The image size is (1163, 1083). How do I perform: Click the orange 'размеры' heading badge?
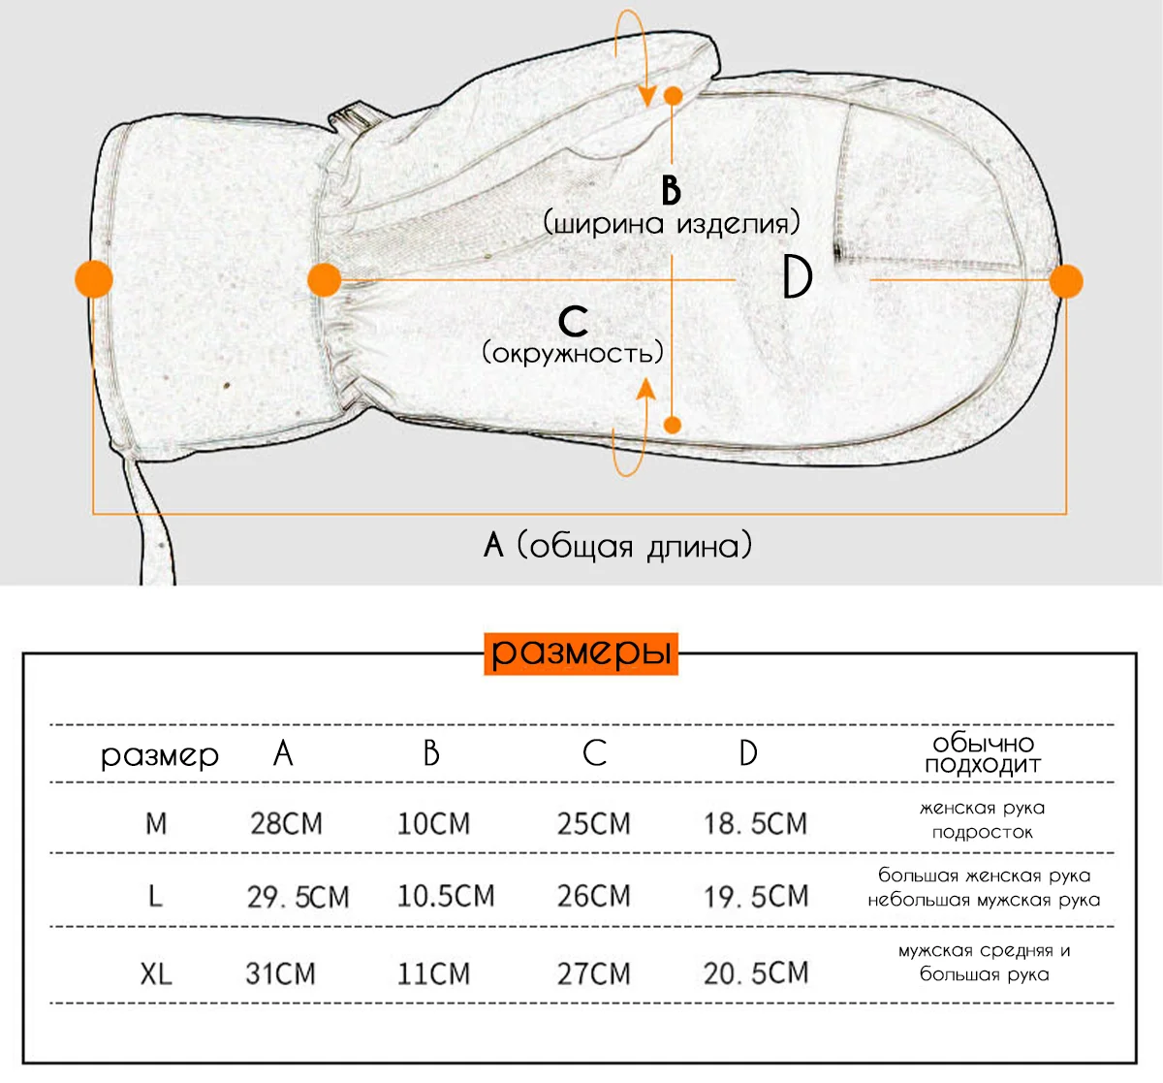coord(581,653)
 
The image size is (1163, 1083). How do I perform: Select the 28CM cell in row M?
coord(286,823)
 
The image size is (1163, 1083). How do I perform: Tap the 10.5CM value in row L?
coord(446,896)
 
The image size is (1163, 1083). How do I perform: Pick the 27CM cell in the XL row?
coord(594,973)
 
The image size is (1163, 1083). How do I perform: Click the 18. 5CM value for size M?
coord(755,823)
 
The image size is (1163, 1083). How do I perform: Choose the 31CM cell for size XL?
coord(280,973)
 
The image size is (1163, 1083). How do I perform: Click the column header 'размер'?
coord(160,755)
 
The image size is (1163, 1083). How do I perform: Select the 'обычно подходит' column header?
coord(984,753)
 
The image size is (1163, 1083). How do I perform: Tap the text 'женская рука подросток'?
coord(983,820)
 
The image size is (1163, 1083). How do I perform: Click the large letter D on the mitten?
coord(798,278)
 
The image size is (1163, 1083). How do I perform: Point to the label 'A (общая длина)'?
coord(617,545)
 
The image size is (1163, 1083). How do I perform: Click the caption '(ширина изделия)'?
coord(672,223)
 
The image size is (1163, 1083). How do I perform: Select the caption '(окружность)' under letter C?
coord(573,353)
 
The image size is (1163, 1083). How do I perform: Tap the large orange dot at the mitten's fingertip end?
coord(1066,281)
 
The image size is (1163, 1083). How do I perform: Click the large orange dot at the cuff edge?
coord(94,279)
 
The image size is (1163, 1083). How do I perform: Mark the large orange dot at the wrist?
coord(324,279)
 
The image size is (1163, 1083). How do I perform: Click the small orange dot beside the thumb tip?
coord(674,96)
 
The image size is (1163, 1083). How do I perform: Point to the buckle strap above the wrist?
coord(355,119)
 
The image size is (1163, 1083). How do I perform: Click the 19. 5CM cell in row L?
coord(755,897)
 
